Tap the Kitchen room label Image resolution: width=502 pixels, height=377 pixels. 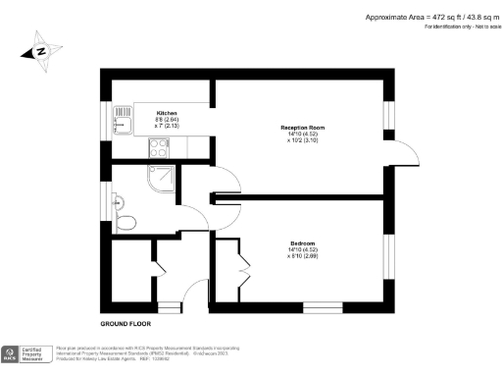(167, 113)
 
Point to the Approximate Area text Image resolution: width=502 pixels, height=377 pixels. (431, 18)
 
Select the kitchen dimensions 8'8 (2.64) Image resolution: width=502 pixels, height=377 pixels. (167, 120)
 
